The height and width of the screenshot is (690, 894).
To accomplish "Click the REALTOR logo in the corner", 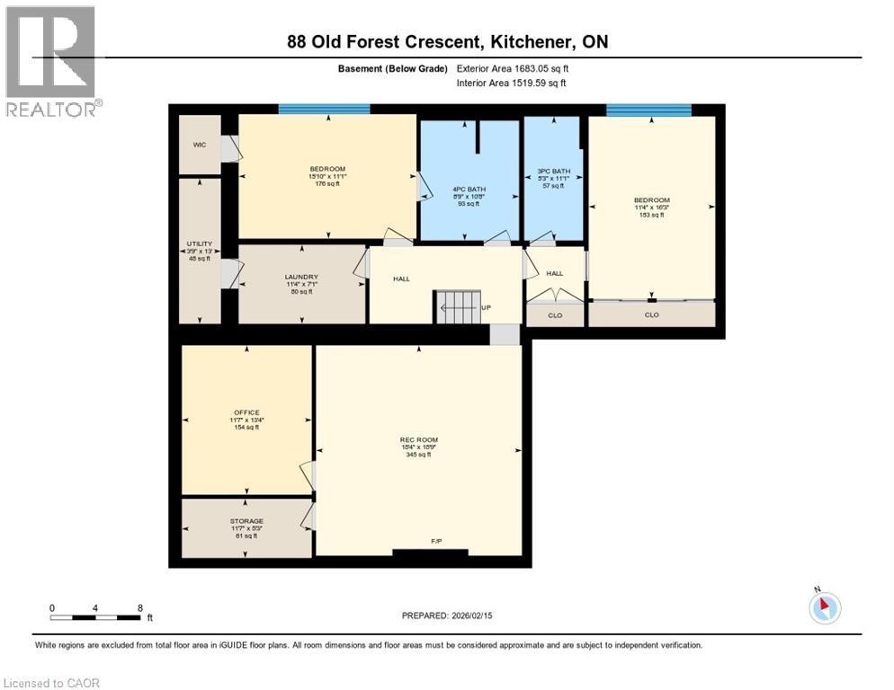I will [51, 61].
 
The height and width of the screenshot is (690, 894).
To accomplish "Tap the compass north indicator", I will [824, 607].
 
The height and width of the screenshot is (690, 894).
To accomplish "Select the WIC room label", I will [199, 144].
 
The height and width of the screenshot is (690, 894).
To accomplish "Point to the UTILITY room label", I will [199, 243].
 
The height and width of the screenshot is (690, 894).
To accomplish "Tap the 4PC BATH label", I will [469, 189].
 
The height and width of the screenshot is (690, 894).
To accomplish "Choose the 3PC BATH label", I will [554, 171].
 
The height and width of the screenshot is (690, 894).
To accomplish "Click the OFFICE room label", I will [246, 412].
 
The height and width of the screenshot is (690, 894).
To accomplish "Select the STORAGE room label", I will [246, 521].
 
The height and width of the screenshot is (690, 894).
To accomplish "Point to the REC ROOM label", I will [418, 440].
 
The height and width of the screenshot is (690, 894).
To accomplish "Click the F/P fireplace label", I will [436, 541].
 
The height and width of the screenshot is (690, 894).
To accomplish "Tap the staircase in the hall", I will [459, 306].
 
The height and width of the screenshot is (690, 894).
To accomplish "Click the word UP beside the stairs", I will [487, 307].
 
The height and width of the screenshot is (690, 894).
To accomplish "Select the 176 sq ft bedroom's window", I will [324, 110].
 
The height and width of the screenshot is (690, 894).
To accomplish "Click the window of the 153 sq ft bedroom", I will [648, 110].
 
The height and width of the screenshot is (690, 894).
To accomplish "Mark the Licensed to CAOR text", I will [51, 683].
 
